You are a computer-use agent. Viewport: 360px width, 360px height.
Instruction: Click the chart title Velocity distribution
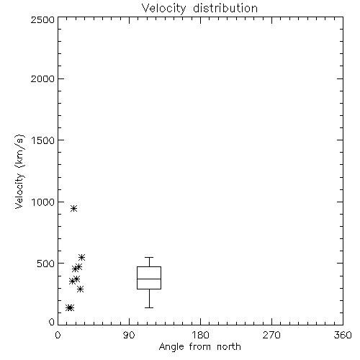click(199, 9)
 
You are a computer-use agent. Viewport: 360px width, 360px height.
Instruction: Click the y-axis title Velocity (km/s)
click(19, 171)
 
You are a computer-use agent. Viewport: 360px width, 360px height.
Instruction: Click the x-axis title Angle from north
click(199, 347)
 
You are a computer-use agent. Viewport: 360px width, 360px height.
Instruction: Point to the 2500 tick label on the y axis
click(42, 19)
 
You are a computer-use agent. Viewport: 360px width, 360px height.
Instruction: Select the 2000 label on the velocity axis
click(42, 79)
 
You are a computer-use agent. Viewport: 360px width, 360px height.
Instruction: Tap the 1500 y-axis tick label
click(43, 140)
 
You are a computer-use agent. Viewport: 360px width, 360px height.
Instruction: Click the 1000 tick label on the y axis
click(43, 202)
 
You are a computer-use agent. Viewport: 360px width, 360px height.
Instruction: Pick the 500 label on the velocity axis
click(46, 264)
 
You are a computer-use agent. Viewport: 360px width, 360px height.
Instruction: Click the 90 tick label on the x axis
click(129, 335)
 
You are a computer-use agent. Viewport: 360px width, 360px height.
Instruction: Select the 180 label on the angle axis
click(200, 335)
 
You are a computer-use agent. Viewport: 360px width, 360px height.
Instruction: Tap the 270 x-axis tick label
click(271, 335)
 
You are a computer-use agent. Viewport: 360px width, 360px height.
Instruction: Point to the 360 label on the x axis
click(343, 335)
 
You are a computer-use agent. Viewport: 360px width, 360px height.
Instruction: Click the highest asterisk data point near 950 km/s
click(74, 208)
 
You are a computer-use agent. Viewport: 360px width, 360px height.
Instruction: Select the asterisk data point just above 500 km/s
click(82, 257)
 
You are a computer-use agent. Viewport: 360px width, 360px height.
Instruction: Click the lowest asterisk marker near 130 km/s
click(70, 307)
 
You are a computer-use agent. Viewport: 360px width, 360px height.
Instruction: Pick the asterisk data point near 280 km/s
click(81, 289)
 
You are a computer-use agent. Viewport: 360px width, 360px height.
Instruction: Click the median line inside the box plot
click(149, 279)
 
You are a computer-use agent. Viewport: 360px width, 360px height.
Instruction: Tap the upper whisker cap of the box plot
click(149, 258)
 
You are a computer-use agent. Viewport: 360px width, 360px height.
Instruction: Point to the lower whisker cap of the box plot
click(149, 307)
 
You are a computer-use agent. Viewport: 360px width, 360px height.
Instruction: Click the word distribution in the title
click(225, 9)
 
